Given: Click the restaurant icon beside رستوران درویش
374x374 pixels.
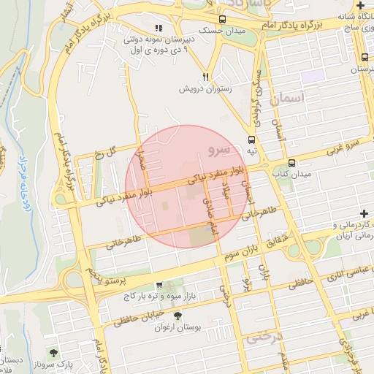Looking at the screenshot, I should (207, 76).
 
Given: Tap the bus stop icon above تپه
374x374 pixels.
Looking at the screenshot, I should (252, 139).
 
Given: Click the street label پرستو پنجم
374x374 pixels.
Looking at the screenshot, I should (106, 277).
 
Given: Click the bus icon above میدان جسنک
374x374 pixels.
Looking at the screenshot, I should (222, 20).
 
